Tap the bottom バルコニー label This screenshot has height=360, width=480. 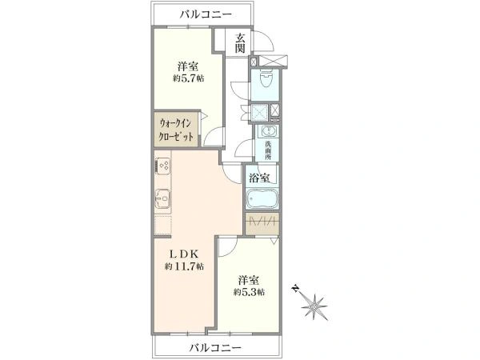click(x=214, y=347)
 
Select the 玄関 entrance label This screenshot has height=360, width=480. click(x=240, y=45)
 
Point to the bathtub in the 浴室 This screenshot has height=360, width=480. click(x=263, y=199)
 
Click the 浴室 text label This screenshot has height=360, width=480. click(x=260, y=178)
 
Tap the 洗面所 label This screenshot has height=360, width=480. click(x=269, y=150)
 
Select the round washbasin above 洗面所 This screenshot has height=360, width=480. click(x=268, y=133)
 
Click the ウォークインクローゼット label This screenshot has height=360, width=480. click(x=176, y=130)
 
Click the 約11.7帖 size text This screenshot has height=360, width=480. click(x=185, y=266)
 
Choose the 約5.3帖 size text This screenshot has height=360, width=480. click(x=249, y=292)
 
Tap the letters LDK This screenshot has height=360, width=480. click(x=183, y=253)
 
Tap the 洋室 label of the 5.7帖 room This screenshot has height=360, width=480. click(x=188, y=66)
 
